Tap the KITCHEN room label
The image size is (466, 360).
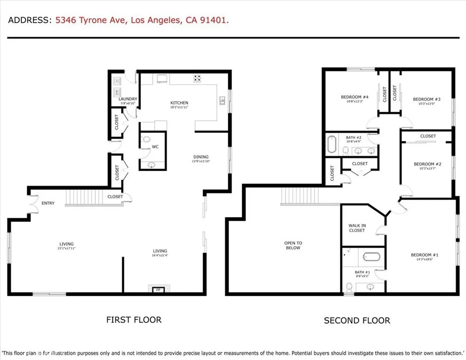(x=179, y=103)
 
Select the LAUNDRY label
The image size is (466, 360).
(x=127, y=99)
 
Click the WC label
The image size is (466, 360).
(x=155, y=147)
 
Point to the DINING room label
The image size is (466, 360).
(x=201, y=157)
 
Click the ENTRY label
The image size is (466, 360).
(x=48, y=203)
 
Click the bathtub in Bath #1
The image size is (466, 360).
(x=371, y=257)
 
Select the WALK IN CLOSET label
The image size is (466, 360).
(x=357, y=228)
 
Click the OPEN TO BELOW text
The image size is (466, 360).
(x=293, y=245)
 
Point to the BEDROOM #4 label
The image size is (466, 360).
(x=355, y=97)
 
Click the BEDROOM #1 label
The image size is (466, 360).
(x=424, y=255)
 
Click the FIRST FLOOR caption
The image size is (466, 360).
(x=134, y=319)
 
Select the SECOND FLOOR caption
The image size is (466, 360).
(x=356, y=320)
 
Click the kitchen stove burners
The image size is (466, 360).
(x=197, y=78)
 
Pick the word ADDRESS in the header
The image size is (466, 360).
(x=29, y=20)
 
